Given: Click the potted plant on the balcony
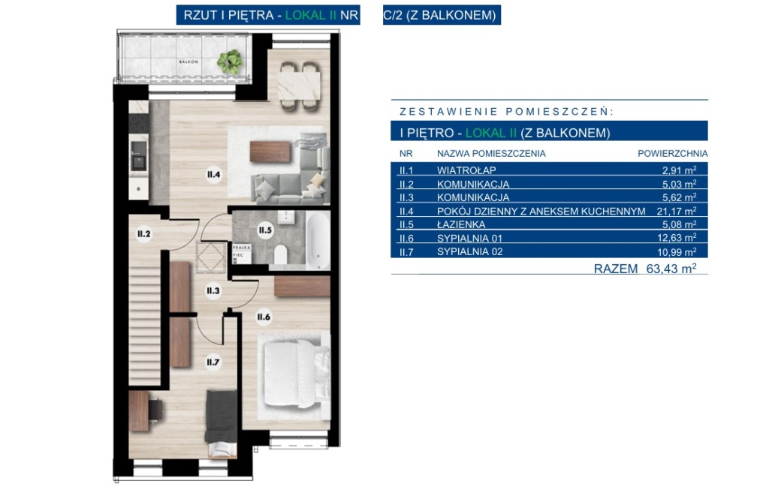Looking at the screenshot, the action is tap(230, 62).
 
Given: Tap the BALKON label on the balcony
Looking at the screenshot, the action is tap(188, 62).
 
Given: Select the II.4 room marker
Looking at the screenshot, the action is tap(213, 174).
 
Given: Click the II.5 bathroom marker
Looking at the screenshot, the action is tap(265, 230).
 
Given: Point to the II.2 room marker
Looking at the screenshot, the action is tap(143, 234).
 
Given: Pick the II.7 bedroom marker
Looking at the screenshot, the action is tap(213, 362).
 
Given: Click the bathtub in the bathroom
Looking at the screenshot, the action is tap(318, 239).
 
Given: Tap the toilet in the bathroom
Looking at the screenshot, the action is tap(281, 254).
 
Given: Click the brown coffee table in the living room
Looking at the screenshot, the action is tap(270, 152).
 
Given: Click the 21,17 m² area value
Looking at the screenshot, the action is tap(677, 211).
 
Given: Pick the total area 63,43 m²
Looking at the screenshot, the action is tap(671, 269).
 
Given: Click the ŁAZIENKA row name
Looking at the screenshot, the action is tap(461, 224).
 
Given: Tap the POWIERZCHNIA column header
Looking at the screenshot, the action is tap(672, 153).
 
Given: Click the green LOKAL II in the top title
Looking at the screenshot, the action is tap(311, 15).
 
